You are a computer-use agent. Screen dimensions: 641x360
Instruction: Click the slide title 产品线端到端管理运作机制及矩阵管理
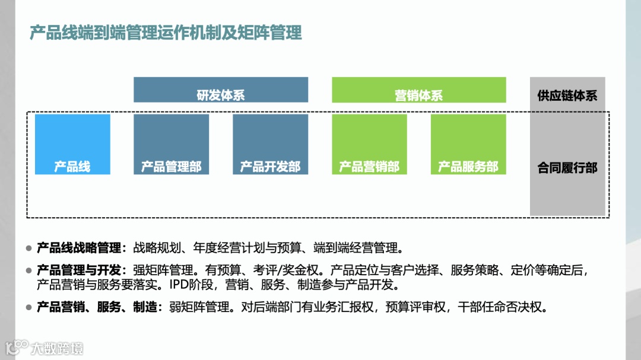coord(166,33)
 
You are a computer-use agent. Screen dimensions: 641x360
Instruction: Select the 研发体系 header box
coord(221,90)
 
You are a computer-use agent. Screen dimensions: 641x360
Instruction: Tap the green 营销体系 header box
coord(418,90)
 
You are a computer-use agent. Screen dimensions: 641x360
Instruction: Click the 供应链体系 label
coord(567,95)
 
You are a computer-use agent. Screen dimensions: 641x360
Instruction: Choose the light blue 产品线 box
coord(72,145)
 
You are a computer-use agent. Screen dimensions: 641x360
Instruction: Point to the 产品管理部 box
coord(171,145)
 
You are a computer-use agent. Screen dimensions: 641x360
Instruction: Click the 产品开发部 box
coord(270,145)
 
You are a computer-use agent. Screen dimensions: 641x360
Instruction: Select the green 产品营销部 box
coord(369,145)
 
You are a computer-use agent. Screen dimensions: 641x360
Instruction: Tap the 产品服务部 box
coord(468,145)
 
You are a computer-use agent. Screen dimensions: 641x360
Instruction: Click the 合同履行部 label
coord(567,168)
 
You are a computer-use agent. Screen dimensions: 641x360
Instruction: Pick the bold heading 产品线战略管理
coord(78,247)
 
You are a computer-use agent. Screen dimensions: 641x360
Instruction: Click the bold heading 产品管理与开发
coord(78,271)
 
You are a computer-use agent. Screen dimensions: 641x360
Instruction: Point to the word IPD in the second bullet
coord(179,285)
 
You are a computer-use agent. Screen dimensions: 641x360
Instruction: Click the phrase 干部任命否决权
coord(501,307)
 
